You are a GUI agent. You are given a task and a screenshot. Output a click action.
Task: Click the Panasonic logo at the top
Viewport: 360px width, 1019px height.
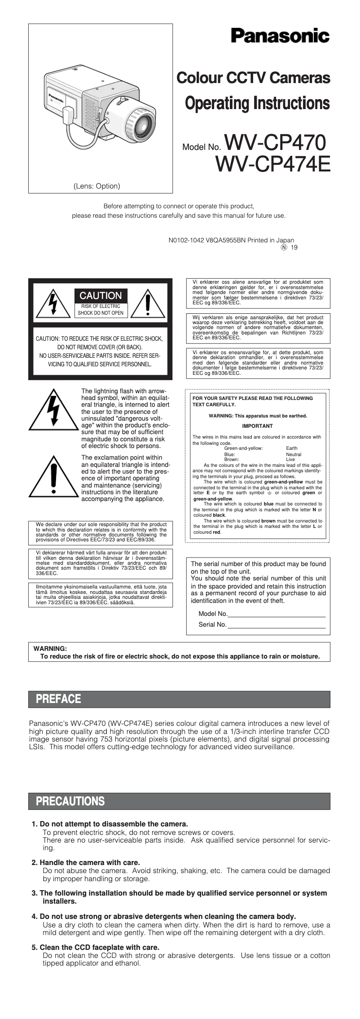(x=280, y=36)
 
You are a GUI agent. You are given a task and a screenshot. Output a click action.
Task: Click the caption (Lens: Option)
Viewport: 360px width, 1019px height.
(x=97, y=186)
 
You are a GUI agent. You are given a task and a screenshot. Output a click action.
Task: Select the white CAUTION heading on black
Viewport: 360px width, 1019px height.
(x=101, y=295)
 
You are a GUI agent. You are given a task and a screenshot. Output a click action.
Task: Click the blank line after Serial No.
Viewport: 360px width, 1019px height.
(x=276, y=624)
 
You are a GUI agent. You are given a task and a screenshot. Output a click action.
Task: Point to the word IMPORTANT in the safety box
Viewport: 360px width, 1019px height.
(x=257, y=426)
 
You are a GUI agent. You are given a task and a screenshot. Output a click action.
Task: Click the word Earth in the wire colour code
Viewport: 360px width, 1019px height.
(x=291, y=448)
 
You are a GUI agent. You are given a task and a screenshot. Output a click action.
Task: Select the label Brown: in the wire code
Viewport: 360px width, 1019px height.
(x=231, y=460)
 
